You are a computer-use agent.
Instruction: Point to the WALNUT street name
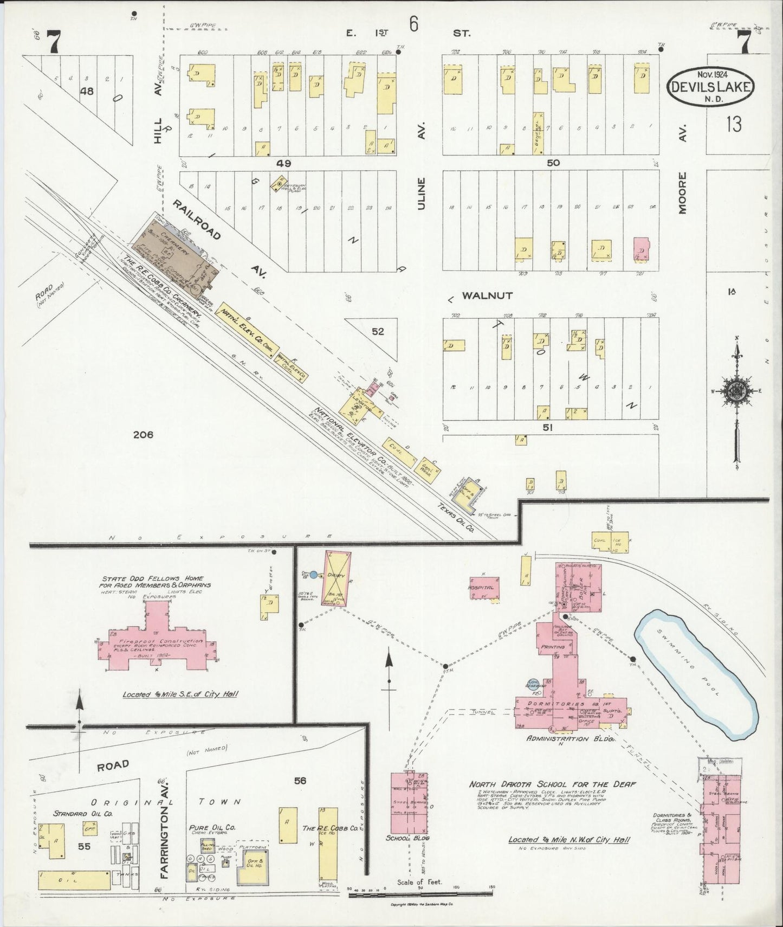(x=488, y=296)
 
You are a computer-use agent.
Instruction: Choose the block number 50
(x=553, y=163)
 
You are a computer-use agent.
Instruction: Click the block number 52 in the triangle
(x=377, y=332)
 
